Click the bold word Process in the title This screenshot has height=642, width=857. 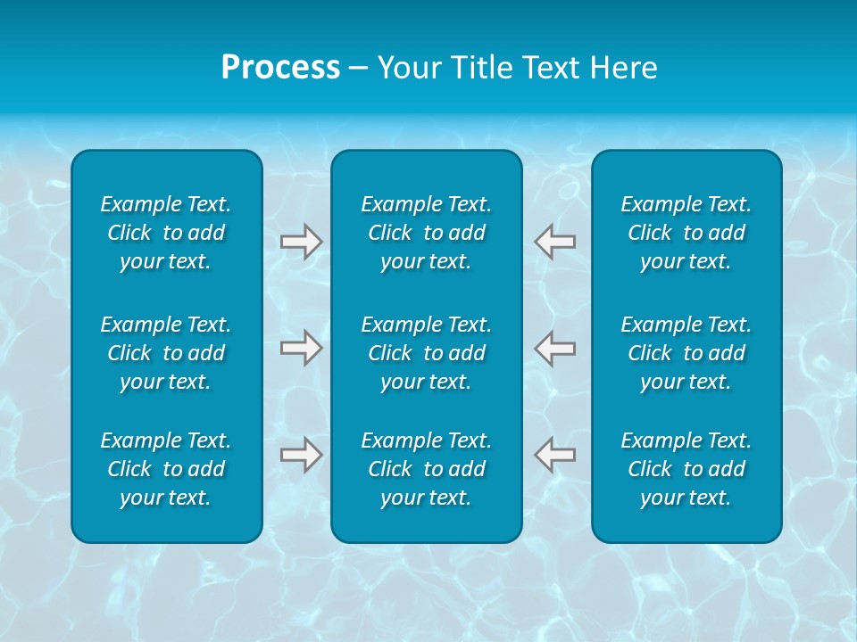coord(280,68)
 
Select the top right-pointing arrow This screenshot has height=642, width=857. coord(301,242)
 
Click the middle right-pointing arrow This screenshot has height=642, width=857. coord(301,347)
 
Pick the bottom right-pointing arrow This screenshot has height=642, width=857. coord(301,455)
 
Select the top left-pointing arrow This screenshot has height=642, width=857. coord(554,241)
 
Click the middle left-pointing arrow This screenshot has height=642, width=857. coord(554,347)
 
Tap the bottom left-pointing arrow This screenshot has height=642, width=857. coord(554,455)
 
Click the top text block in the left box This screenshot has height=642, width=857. coord(166,233)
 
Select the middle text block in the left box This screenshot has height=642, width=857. coord(166,353)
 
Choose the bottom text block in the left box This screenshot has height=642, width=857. coord(166,469)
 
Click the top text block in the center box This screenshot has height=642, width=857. coord(426,233)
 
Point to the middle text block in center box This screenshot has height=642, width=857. coord(426,353)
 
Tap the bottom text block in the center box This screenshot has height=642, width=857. coord(426,469)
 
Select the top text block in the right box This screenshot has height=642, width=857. coord(686,233)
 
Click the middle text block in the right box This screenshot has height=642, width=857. coord(686,353)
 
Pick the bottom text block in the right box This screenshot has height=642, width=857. coord(686,469)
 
